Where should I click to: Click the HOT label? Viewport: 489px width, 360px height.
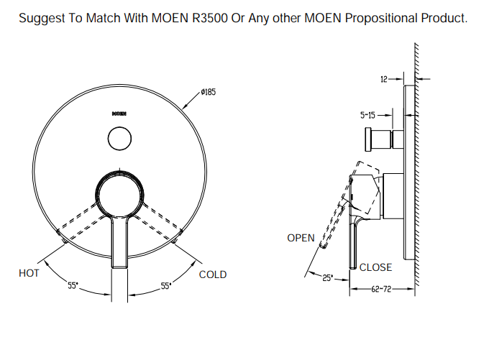click(x=29, y=274)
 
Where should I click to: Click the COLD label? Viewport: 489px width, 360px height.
click(x=212, y=274)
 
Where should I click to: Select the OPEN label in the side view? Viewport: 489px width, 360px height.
click(x=301, y=238)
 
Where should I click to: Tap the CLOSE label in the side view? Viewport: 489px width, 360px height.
click(x=375, y=267)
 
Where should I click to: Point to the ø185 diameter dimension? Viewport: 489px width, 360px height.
click(x=209, y=93)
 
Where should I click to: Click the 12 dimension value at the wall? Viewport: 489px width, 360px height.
click(x=384, y=78)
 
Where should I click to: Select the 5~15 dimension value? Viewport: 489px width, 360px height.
click(x=367, y=115)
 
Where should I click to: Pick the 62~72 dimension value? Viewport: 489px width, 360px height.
click(x=380, y=290)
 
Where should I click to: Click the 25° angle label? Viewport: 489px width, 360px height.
click(x=326, y=278)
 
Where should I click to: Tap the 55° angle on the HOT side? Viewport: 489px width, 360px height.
click(x=73, y=286)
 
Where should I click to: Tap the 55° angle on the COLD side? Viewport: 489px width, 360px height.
click(x=165, y=286)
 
